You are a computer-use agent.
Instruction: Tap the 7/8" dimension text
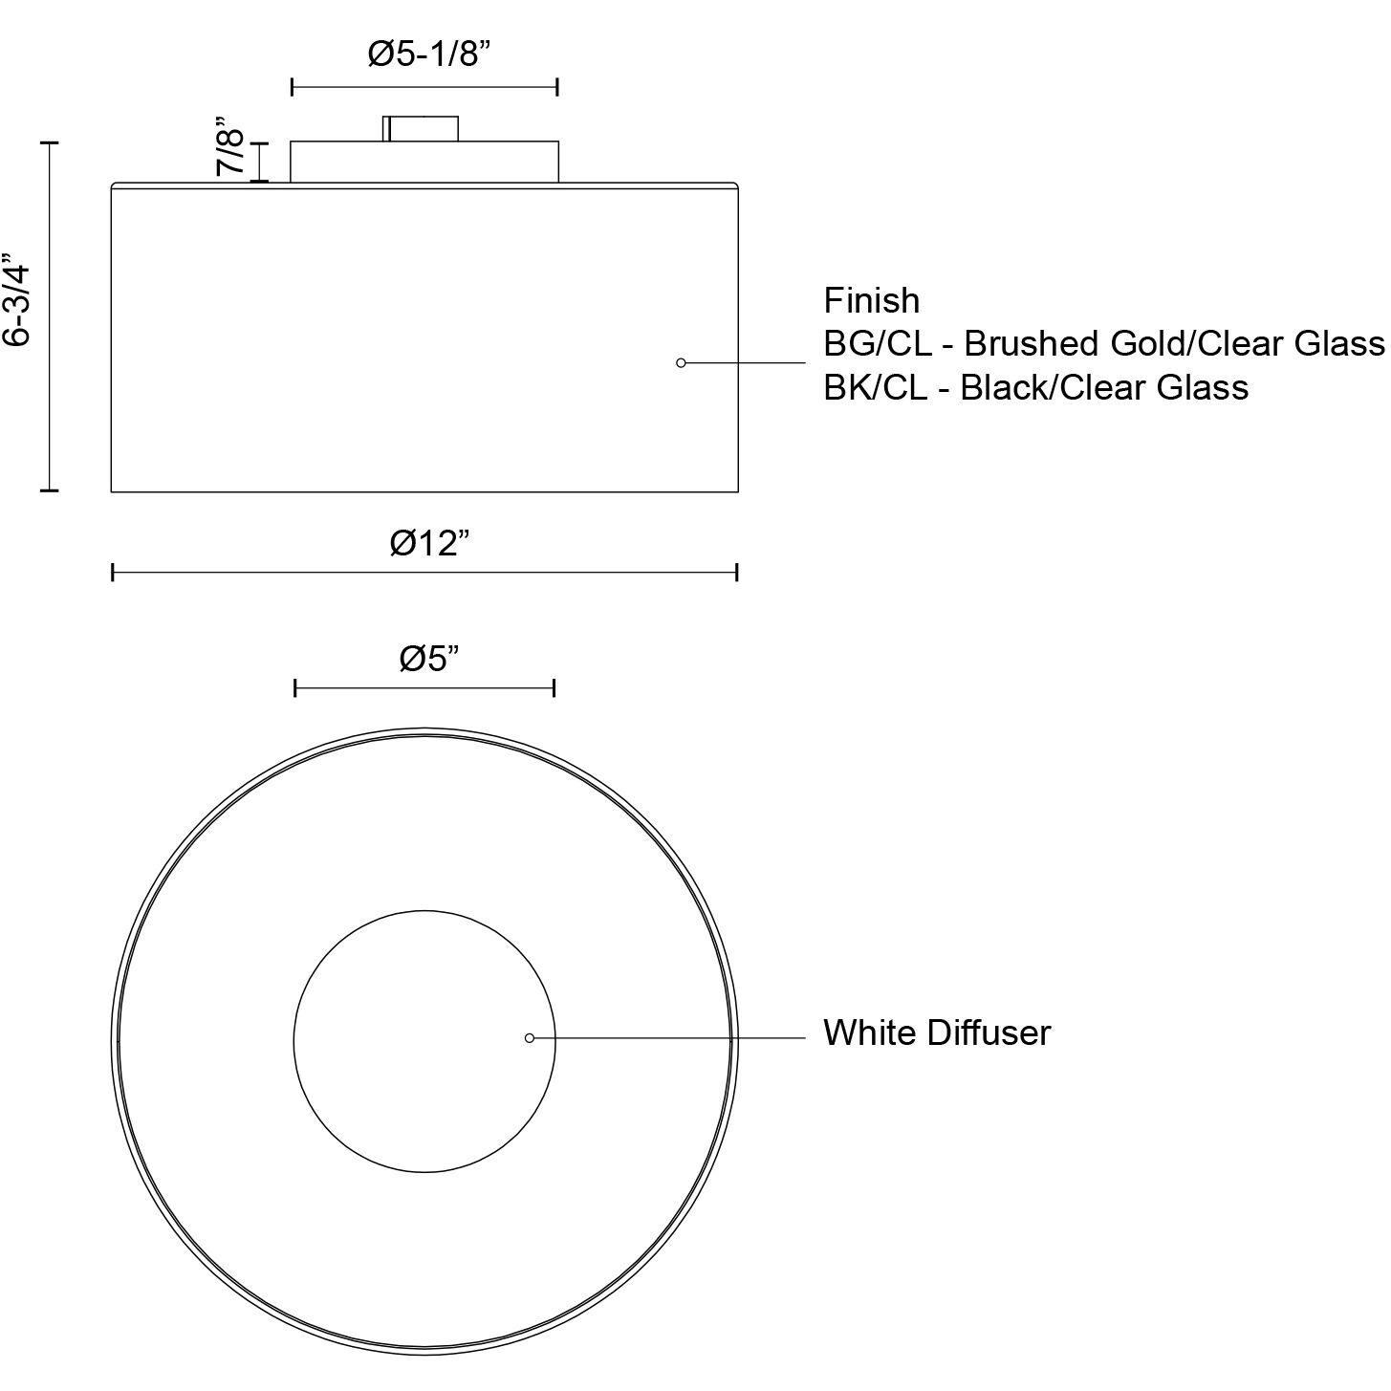click(x=230, y=146)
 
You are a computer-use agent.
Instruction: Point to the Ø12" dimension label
click(x=430, y=543)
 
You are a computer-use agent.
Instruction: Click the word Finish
click(x=871, y=301)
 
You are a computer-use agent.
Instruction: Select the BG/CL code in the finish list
click(x=877, y=344)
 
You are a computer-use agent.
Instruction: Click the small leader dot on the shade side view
click(x=681, y=363)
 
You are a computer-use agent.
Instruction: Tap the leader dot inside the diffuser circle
click(x=530, y=1038)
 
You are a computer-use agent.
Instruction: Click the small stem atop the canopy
click(x=422, y=128)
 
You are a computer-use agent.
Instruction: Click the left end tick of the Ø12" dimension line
click(x=113, y=573)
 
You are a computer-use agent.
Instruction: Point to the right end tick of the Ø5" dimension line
click(x=554, y=688)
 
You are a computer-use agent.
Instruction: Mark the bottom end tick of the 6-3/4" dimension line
click(x=49, y=490)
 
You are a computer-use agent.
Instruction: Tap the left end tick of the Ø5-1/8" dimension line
click(x=292, y=88)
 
